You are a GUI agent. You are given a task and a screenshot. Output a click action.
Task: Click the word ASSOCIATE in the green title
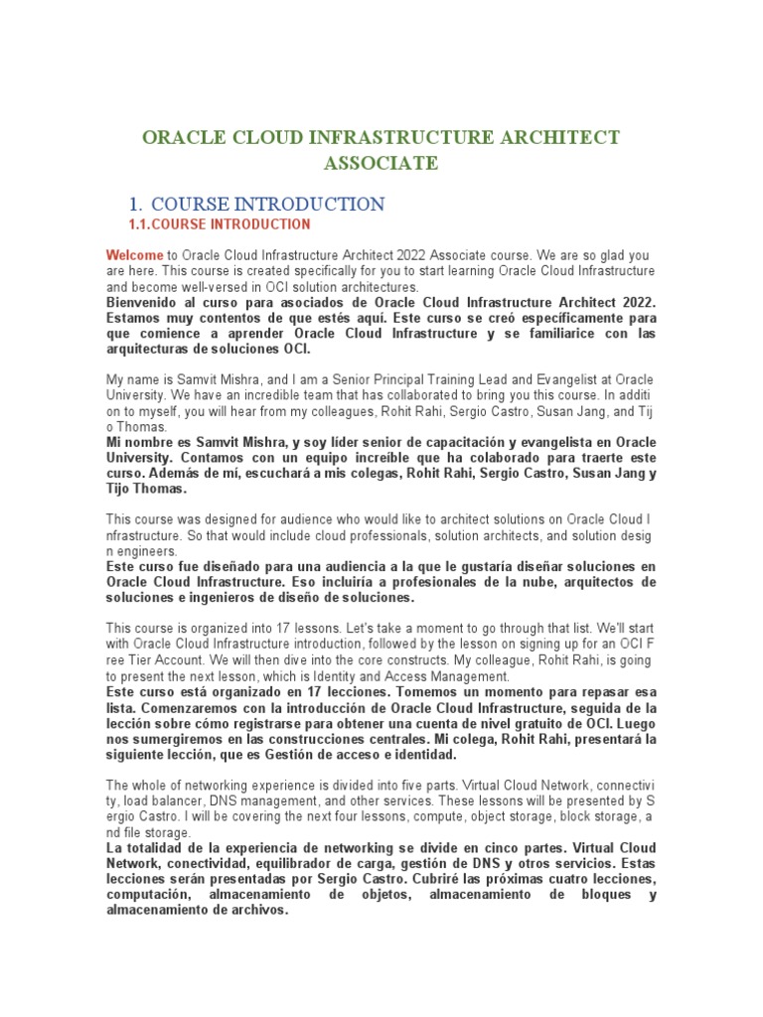pos(381,163)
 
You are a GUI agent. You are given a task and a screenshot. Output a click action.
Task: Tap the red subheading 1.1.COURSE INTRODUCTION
pos(221,224)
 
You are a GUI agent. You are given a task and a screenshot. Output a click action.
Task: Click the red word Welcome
pos(134,255)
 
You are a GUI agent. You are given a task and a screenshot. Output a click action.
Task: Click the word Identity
pos(388,675)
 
